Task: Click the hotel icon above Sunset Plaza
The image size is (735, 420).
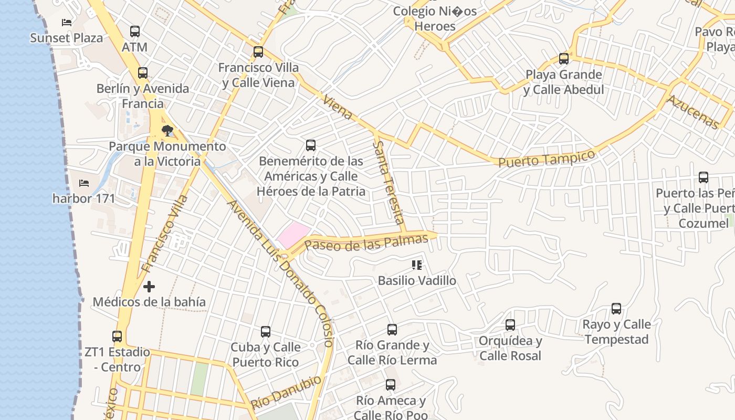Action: click(67, 22)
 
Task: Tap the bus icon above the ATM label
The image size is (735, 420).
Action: click(135, 31)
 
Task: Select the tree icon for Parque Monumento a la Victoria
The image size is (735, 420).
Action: click(167, 130)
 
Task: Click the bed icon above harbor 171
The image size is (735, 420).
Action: click(84, 183)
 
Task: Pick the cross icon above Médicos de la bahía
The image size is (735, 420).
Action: click(149, 287)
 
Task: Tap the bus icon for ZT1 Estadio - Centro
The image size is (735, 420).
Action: click(117, 337)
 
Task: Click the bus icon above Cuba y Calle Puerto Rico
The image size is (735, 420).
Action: click(266, 332)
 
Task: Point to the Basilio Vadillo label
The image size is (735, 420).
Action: click(417, 281)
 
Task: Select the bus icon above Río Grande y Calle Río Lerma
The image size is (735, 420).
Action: click(392, 330)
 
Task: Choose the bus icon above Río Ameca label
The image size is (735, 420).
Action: click(390, 385)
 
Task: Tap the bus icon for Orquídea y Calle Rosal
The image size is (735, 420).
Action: click(510, 325)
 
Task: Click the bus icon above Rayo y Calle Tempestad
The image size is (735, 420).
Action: click(616, 309)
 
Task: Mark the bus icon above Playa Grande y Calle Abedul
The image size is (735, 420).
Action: click(564, 59)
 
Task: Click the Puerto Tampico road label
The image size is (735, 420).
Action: click(547, 159)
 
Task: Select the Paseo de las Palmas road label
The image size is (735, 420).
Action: click(366, 243)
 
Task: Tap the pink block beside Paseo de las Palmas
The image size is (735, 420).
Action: click(293, 234)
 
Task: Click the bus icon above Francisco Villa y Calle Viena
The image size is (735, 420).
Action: click(258, 52)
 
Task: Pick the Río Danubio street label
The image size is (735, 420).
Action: click(286, 392)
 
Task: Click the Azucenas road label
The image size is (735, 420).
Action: click(692, 112)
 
